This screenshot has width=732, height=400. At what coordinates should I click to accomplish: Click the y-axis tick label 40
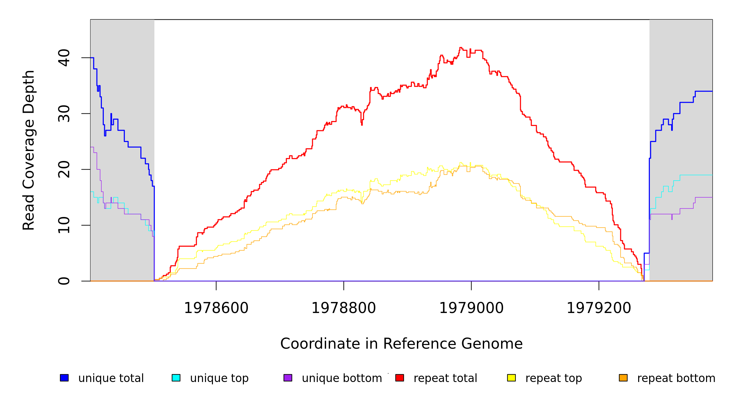(x=64, y=58)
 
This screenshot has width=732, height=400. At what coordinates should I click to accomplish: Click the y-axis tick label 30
(x=64, y=114)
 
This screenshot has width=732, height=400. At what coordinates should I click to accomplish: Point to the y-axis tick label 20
(x=64, y=169)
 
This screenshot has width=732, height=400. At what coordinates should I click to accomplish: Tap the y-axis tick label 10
(x=64, y=225)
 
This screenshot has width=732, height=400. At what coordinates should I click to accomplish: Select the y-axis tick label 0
(x=64, y=281)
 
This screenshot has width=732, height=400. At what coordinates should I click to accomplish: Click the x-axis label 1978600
(x=216, y=308)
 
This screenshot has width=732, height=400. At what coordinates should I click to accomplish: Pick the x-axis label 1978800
(x=344, y=308)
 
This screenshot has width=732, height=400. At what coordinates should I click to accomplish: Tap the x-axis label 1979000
(x=471, y=308)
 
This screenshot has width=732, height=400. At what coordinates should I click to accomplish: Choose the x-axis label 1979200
(x=599, y=308)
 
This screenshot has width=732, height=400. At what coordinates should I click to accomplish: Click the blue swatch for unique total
(x=64, y=378)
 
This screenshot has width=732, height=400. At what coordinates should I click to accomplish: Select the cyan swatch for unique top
(x=176, y=378)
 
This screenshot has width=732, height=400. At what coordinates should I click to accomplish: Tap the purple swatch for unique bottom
(x=288, y=378)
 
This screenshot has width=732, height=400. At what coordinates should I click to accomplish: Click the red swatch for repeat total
(x=400, y=378)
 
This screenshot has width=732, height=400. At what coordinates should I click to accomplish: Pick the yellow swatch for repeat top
(x=511, y=378)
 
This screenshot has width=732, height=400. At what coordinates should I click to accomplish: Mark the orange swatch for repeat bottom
(x=623, y=378)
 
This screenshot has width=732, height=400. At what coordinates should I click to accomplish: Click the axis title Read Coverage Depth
(x=29, y=150)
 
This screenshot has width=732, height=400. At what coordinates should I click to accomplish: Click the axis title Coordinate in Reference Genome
(x=401, y=344)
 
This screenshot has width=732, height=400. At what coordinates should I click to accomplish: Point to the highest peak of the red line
(x=461, y=48)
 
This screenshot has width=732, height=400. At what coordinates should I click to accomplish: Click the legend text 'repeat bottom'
(x=676, y=378)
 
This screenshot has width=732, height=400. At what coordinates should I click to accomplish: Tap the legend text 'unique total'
(x=111, y=378)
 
